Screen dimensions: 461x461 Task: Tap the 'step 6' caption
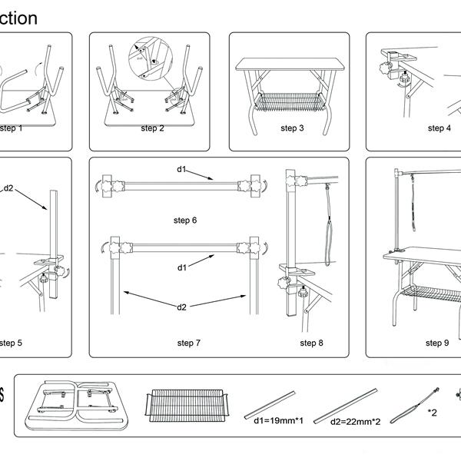pyautogui.click(x=184, y=221)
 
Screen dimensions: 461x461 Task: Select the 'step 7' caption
pyautogui.click(x=189, y=343)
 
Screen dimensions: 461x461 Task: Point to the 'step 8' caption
pyautogui.click(x=311, y=343)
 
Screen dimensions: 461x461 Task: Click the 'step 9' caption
pyautogui.click(x=436, y=343)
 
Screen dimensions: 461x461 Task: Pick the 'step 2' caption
pyautogui.click(x=152, y=128)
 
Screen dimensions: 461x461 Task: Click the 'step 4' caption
pyautogui.click(x=439, y=128)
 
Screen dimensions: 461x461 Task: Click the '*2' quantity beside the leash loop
pyautogui.click(x=433, y=413)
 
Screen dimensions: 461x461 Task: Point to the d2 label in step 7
pyautogui.click(x=181, y=307)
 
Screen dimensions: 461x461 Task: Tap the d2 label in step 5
pyautogui.click(x=8, y=187)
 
